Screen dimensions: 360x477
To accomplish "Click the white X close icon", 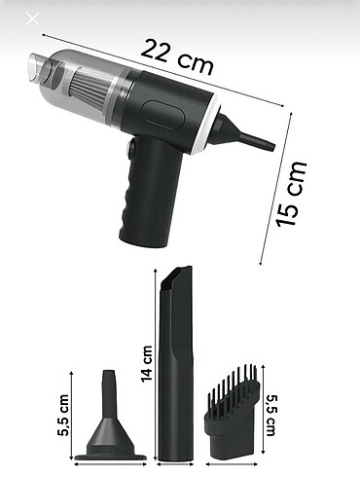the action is pyautogui.click(x=32, y=18).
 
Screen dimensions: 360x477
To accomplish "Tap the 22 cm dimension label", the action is pyautogui.click(x=177, y=57).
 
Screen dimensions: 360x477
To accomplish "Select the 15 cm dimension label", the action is pyautogui.click(x=290, y=194).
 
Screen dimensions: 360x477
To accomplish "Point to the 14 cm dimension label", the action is pyautogui.click(x=147, y=363).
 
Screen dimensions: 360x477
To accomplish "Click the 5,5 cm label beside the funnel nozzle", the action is pyautogui.click(x=64, y=415).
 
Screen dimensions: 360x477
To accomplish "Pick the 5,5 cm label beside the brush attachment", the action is pyautogui.click(x=270, y=415).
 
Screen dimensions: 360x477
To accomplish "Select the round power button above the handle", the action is pyautogui.click(x=132, y=149).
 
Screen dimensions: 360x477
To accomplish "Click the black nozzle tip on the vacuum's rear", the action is pyautogui.click(x=246, y=133).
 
